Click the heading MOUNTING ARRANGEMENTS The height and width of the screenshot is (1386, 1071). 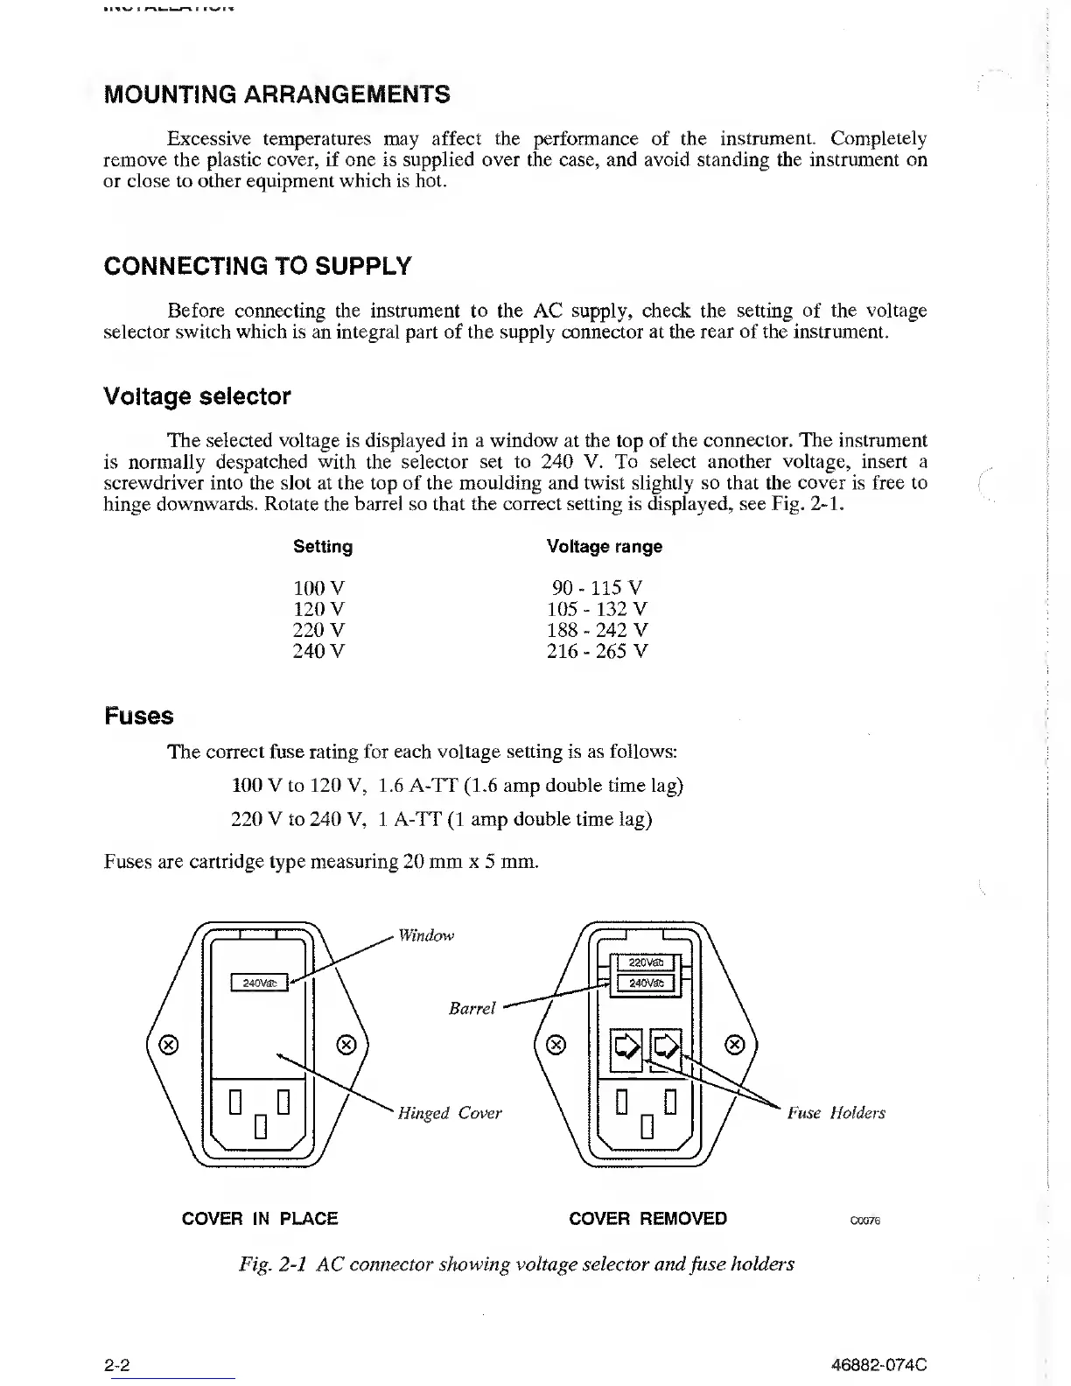click(276, 94)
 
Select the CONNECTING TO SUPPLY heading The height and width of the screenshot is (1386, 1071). click(257, 266)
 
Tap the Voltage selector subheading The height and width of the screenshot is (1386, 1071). click(197, 396)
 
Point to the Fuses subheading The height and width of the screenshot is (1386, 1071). click(138, 717)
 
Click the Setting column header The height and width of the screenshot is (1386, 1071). click(323, 547)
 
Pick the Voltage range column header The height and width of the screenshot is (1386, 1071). click(604, 547)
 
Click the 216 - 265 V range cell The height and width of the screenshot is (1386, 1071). click(598, 651)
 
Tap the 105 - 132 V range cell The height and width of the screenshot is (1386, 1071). click(598, 609)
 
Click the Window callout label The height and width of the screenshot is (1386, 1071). click(426, 936)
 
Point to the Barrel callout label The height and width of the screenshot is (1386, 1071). click(472, 1009)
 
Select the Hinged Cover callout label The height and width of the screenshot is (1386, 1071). click(450, 1113)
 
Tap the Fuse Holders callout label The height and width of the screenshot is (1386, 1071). click(836, 1113)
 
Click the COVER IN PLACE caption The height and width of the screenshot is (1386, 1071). click(260, 1219)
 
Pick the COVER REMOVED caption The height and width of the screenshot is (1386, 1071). click(647, 1219)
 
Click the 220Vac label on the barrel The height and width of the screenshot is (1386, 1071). click(647, 963)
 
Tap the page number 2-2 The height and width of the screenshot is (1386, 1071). click(117, 1365)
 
